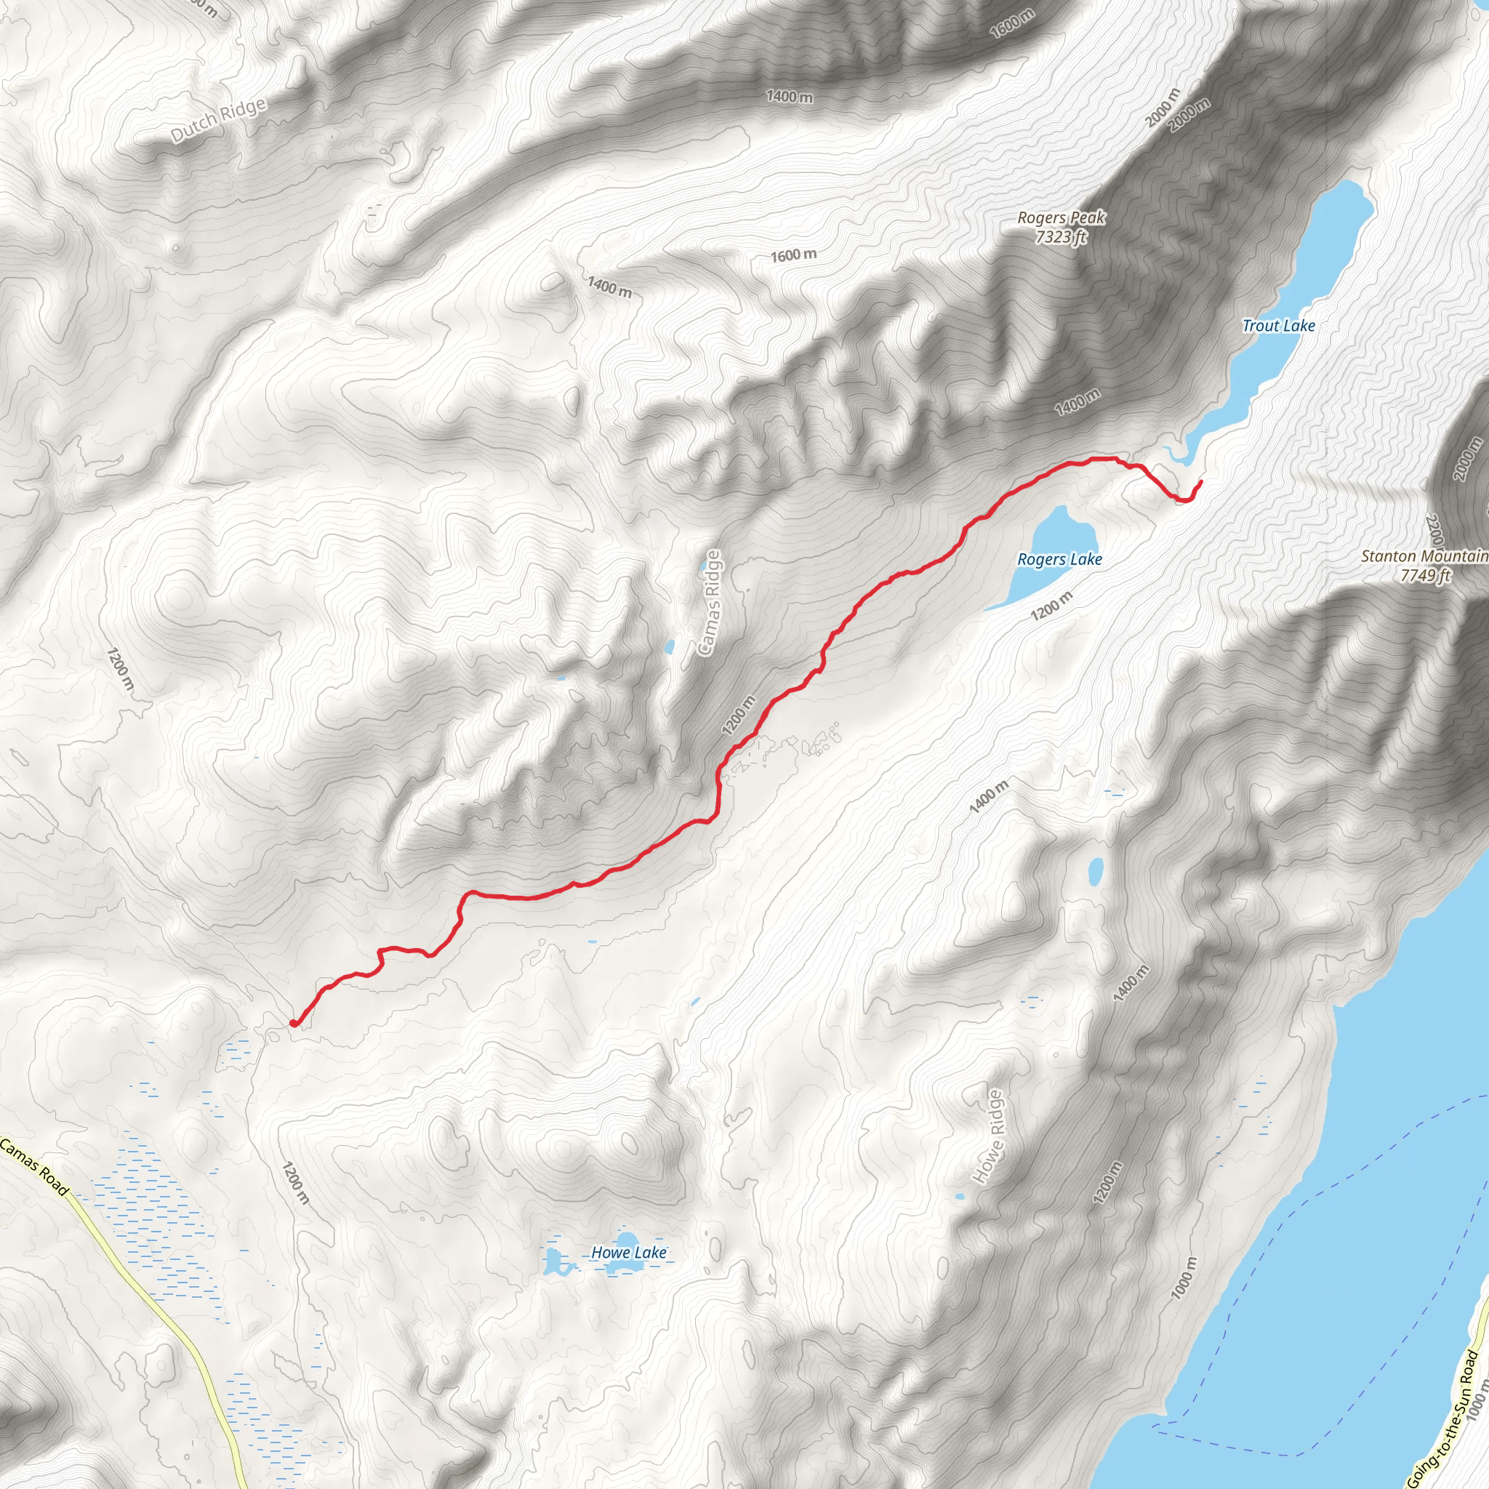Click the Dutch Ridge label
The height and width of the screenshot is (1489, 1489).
(218, 120)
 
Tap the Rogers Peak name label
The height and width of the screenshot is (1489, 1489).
(1061, 218)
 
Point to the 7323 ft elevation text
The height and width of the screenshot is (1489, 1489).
(1061, 236)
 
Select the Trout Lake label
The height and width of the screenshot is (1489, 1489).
(1278, 326)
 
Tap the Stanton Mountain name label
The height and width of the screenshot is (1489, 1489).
(1424, 555)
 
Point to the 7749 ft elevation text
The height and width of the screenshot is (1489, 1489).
(1425, 575)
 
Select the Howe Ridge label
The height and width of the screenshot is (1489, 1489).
(989, 1137)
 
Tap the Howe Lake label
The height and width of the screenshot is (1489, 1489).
(628, 1253)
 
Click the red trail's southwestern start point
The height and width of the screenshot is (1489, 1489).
(294, 1024)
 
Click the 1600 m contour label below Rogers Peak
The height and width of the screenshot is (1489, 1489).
(793, 255)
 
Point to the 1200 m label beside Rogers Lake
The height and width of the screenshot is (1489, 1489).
(1051, 606)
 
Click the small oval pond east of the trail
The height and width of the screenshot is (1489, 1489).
(1095, 871)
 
